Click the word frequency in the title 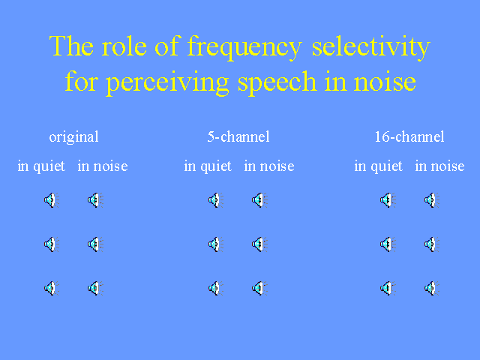pyautogui.click(x=244, y=47)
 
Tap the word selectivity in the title pyautogui.click(x=371, y=47)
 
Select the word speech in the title pyautogui.click(x=277, y=82)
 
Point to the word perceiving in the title pyautogui.click(x=167, y=82)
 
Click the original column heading pyautogui.click(x=73, y=137)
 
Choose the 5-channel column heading pyautogui.click(x=238, y=136)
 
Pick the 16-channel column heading pyautogui.click(x=409, y=136)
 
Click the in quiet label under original pyautogui.click(x=41, y=166)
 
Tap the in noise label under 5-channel pyautogui.click(x=269, y=166)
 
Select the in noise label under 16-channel pyautogui.click(x=439, y=166)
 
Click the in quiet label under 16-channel pyautogui.click(x=378, y=166)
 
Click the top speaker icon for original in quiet pyautogui.click(x=52, y=200)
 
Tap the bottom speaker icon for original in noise pyautogui.click(x=95, y=288)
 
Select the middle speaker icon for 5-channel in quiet pyautogui.click(x=215, y=244)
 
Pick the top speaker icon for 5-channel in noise pyautogui.click(x=259, y=200)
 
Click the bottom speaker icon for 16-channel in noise pyautogui.click(x=432, y=288)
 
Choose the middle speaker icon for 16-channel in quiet pyautogui.click(x=388, y=244)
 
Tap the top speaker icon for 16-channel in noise pyautogui.click(x=432, y=200)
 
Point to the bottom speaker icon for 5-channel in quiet pyautogui.click(x=215, y=288)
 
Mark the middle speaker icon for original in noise pyautogui.click(x=95, y=244)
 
